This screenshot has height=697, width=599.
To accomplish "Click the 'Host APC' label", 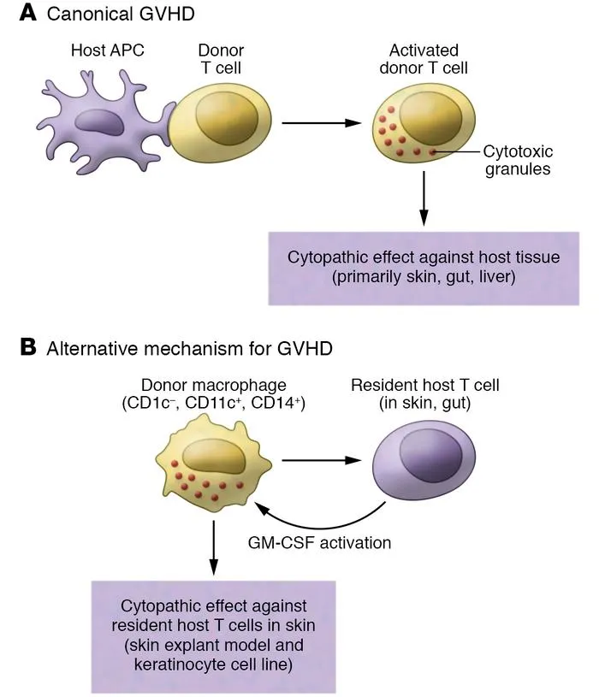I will pos(108,50).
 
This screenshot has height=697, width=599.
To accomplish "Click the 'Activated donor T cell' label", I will pos(423,59).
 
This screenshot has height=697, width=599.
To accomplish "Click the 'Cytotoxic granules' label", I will pos(518,160).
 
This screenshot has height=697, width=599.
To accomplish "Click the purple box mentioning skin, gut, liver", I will pos(424,267).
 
